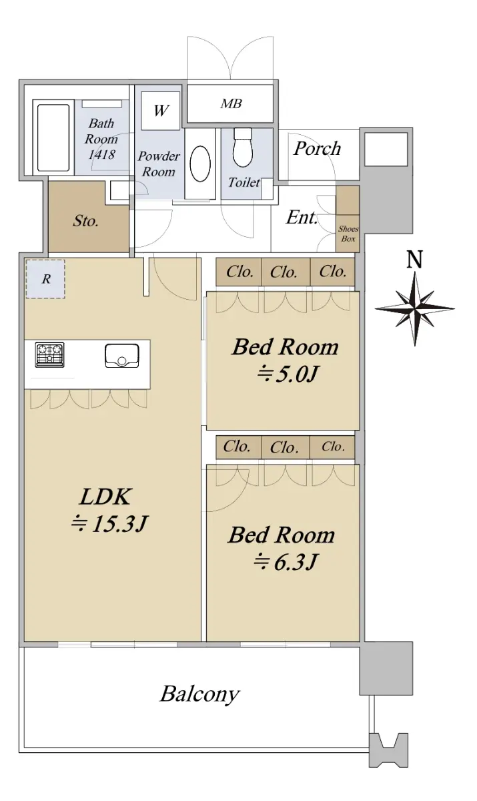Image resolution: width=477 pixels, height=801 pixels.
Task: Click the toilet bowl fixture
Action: [243, 148]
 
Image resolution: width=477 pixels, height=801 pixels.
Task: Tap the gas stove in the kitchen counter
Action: [50, 354]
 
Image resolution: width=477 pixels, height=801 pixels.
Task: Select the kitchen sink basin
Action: [122, 356]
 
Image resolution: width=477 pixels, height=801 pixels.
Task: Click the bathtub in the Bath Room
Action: [53, 138]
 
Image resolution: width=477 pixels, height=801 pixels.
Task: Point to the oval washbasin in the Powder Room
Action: [200, 164]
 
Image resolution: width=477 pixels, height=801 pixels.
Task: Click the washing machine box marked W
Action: [160, 111]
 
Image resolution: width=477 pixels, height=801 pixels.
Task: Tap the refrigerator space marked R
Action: [45, 279]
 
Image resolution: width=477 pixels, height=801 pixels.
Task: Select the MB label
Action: [231, 103]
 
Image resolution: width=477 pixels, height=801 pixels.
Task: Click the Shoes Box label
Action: [348, 234]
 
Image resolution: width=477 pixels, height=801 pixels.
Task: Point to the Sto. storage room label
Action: [85, 221]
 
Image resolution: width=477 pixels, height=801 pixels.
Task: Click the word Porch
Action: [318, 148]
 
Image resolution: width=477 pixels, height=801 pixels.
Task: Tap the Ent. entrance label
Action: [302, 217]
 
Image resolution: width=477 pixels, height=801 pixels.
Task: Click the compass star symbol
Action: [415, 308]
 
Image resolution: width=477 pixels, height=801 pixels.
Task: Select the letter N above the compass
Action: [415, 259]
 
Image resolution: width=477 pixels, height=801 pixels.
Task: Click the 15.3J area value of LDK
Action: [119, 524]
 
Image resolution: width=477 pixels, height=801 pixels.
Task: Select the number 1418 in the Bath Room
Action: [102, 154]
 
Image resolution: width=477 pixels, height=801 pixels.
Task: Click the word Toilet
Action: [244, 182]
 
